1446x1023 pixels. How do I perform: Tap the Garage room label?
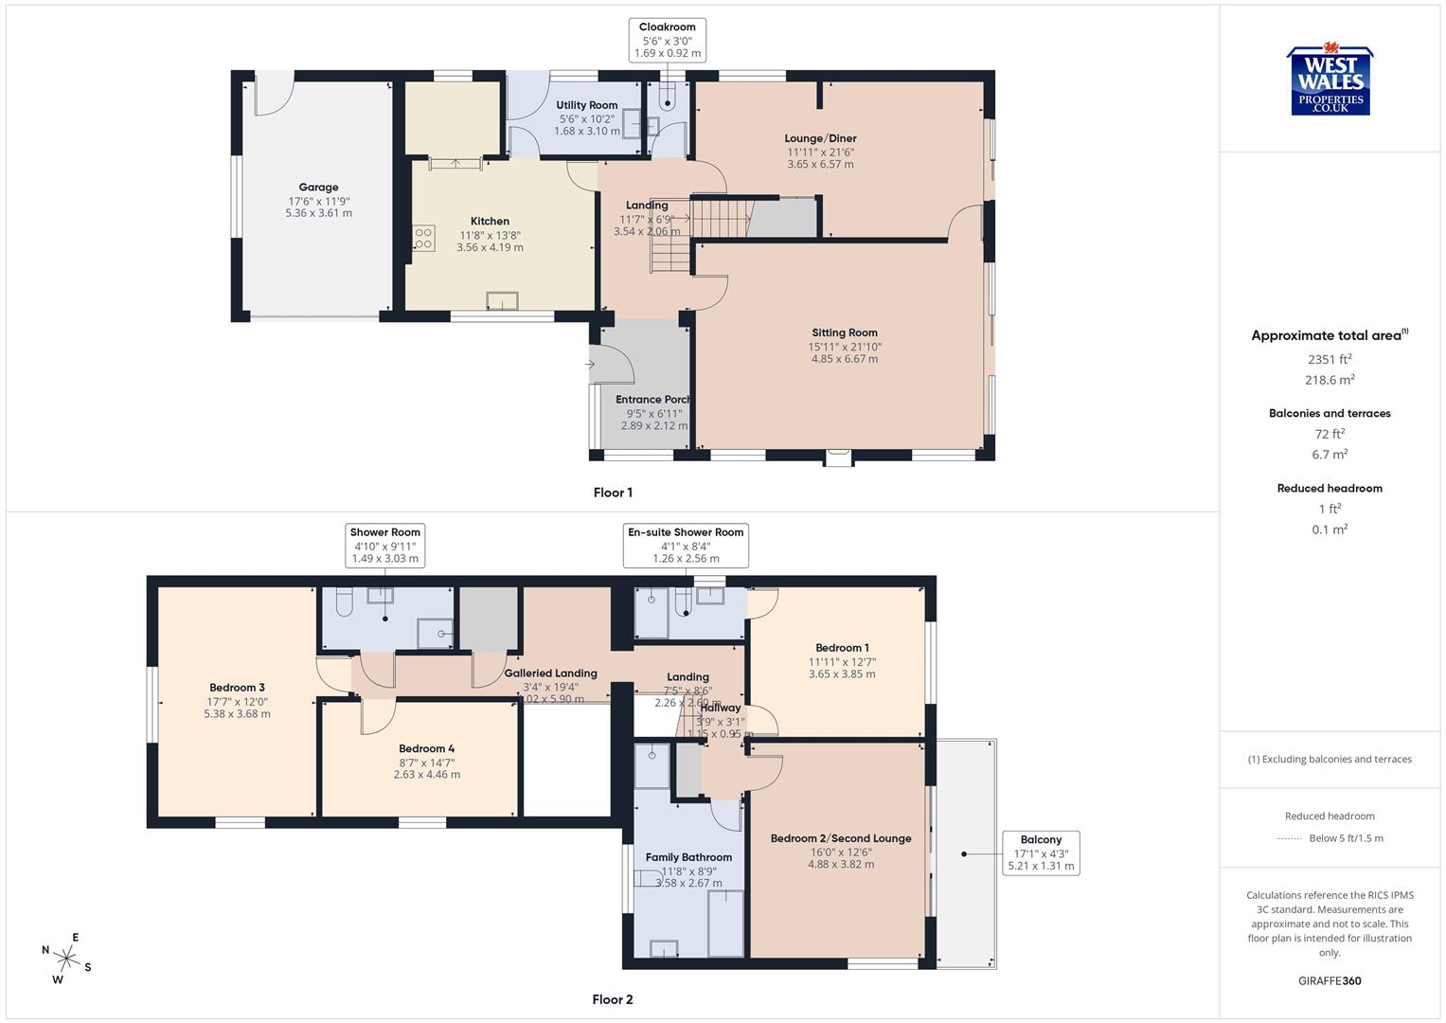click(x=318, y=188)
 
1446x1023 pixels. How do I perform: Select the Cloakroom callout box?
click(x=668, y=41)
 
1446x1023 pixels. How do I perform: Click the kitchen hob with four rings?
click(x=423, y=239)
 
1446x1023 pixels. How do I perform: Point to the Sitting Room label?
click(x=844, y=332)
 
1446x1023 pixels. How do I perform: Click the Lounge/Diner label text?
click(x=820, y=138)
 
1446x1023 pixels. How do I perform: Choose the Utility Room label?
click(x=586, y=105)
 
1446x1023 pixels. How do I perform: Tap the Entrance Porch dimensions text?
click(x=653, y=420)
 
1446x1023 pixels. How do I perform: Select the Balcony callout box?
click(x=1041, y=852)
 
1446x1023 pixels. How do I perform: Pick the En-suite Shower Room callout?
click(x=686, y=546)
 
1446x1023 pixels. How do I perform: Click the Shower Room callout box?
click(x=384, y=546)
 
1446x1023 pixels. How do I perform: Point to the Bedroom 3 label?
click(x=237, y=688)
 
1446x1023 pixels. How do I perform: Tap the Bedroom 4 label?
click(x=426, y=748)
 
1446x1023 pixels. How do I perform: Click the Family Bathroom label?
click(x=688, y=857)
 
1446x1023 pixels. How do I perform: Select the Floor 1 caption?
click(x=613, y=493)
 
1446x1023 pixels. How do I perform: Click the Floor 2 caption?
click(x=613, y=999)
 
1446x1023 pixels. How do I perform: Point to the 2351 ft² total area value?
click(x=1330, y=359)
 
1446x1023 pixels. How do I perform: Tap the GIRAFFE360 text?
click(x=1330, y=980)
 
